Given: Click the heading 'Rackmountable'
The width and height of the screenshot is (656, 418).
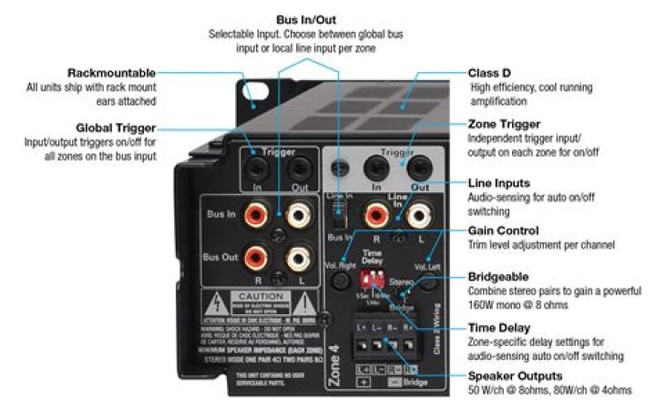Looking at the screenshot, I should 111,73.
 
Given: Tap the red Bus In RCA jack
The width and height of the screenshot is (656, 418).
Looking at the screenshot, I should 255,215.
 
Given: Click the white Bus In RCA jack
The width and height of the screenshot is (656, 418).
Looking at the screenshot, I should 298,216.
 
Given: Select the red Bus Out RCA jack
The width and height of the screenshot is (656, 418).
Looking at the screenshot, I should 255,259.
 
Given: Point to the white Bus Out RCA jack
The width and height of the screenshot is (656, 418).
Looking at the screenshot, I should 298,259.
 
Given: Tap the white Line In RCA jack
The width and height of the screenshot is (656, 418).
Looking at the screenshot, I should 417,216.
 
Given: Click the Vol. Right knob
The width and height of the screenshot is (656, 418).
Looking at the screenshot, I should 341,280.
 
